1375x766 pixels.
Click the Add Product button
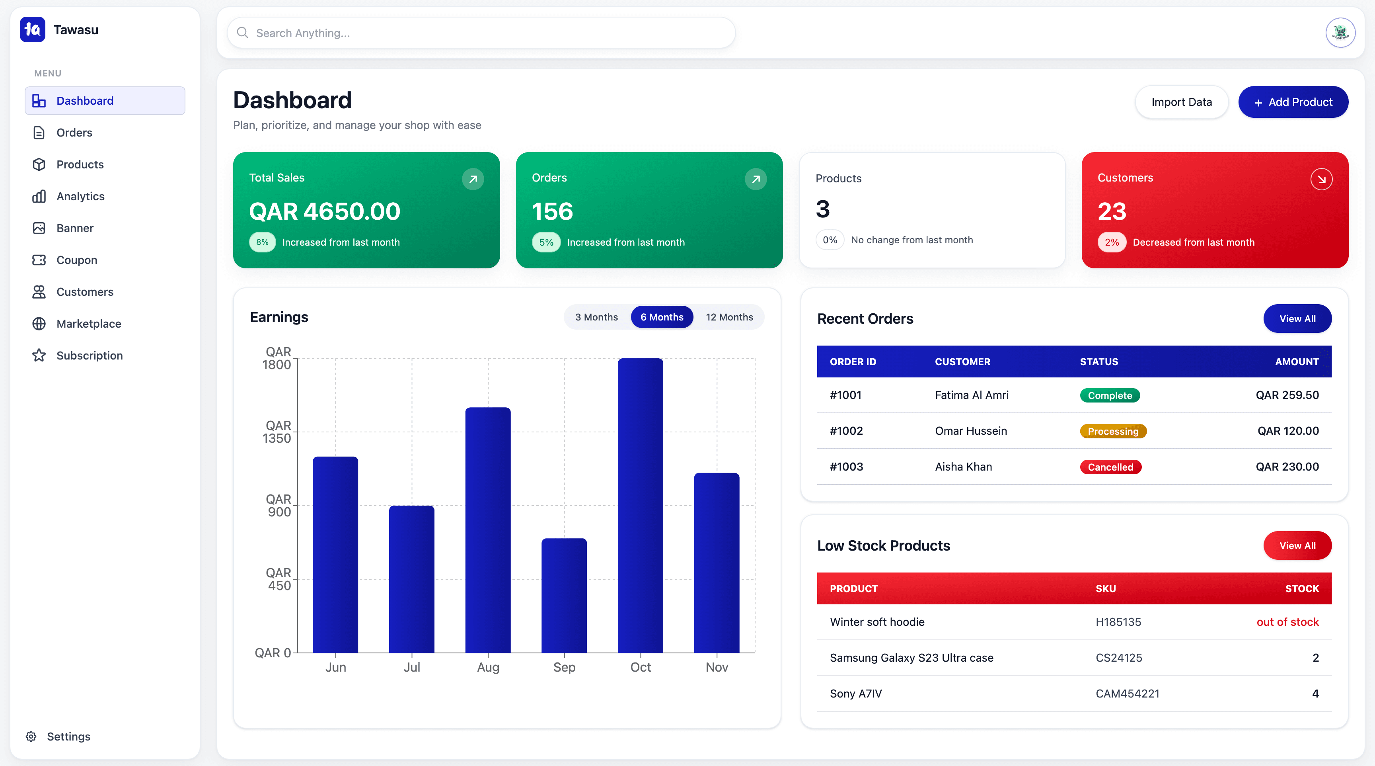pyautogui.click(x=1293, y=102)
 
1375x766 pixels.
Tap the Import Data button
pyautogui.click(x=1181, y=102)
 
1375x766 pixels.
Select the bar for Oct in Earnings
pyautogui.click(x=640, y=505)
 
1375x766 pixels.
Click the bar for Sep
pyautogui.click(x=564, y=595)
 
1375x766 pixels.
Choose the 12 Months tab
pyautogui.click(x=729, y=317)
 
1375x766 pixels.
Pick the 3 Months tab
pyautogui.click(x=596, y=317)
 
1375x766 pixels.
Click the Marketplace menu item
pyautogui.click(x=89, y=324)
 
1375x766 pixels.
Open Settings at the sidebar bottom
pyautogui.click(x=68, y=737)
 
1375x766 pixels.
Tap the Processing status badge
pyautogui.click(x=1113, y=432)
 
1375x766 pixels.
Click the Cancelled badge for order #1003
pyautogui.click(x=1110, y=467)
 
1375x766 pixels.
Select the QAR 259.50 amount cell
pyautogui.click(x=1287, y=395)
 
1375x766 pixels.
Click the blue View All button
pyautogui.click(x=1297, y=319)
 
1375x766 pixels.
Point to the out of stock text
pyautogui.click(x=1287, y=622)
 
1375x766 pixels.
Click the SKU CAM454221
pyautogui.click(x=1127, y=694)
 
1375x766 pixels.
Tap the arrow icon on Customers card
pyautogui.click(x=1321, y=180)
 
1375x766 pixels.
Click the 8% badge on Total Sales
pyautogui.click(x=262, y=242)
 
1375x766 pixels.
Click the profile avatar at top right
pyautogui.click(x=1340, y=33)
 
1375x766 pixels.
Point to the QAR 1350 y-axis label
pyautogui.click(x=278, y=432)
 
